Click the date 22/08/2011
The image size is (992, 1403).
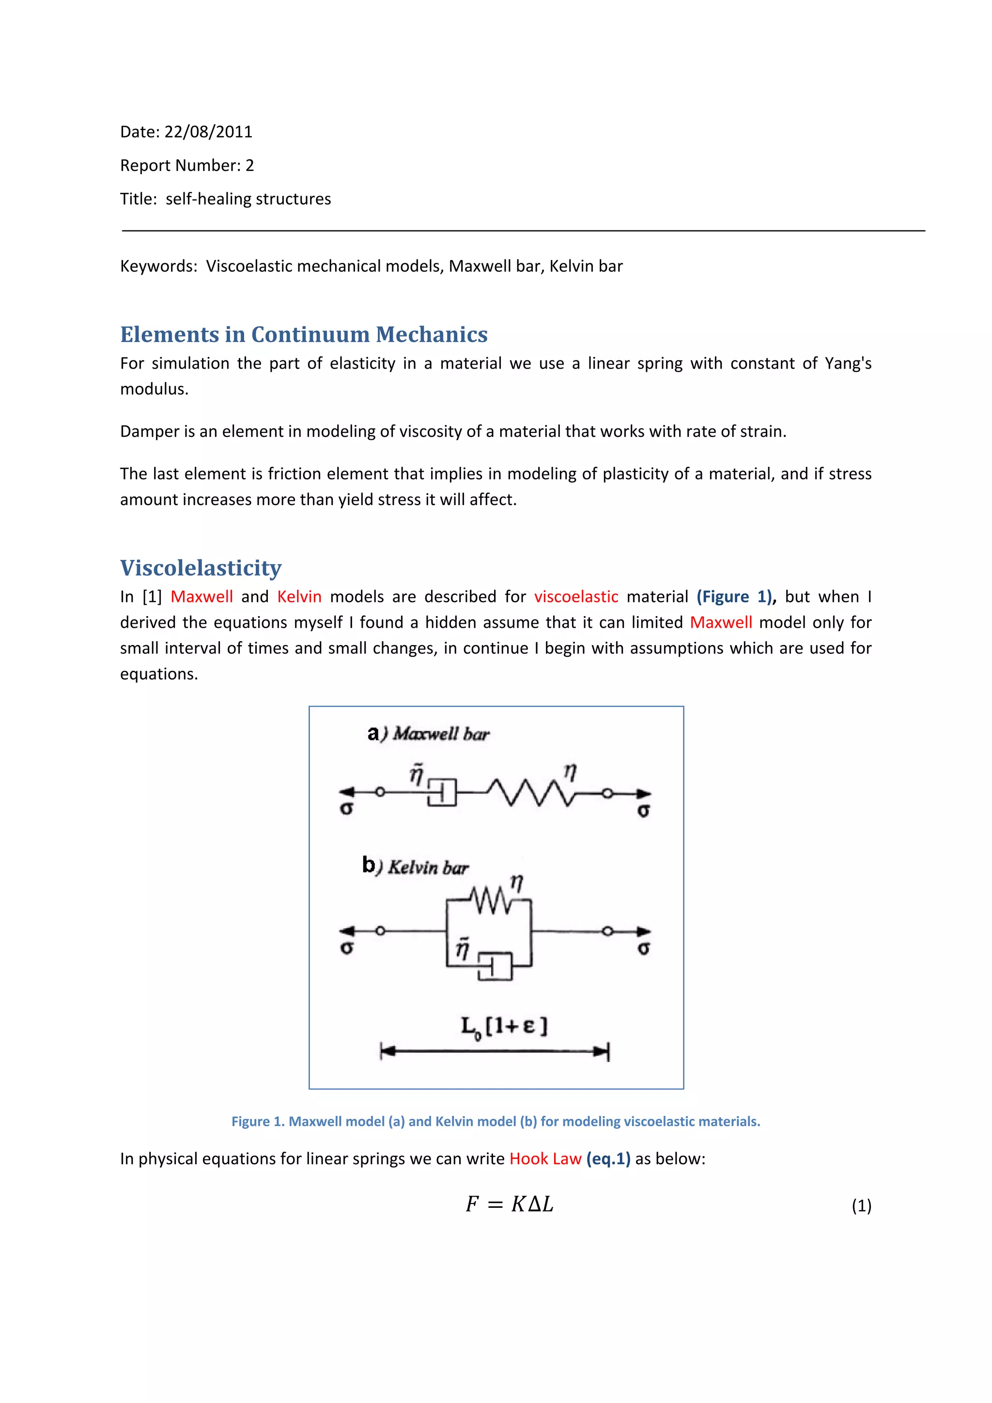(x=208, y=132)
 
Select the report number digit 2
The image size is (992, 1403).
(x=249, y=166)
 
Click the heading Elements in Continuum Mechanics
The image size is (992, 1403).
(x=304, y=334)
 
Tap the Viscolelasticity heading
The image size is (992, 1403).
(x=201, y=568)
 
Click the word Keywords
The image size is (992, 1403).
(x=158, y=266)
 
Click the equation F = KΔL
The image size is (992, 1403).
(x=509, y=1204)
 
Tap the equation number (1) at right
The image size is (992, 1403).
(x=861, y=1205)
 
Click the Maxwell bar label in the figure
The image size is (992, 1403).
(x=440, y=733)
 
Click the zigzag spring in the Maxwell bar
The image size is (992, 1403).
(x=529, y=793)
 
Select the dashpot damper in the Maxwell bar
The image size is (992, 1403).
(x=442, y=793)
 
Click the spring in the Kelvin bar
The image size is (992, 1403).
(x=491, y=901)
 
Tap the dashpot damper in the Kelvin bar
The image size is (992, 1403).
(x=495, y=967)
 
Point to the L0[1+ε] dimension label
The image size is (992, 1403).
(x=504, y=1027)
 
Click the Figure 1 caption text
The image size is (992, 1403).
(x=496, y=1121)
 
